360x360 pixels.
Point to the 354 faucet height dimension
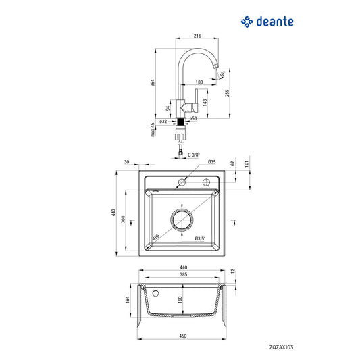(153, 82)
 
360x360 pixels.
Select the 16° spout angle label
(222, 67)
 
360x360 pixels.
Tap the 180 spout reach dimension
(199, 82)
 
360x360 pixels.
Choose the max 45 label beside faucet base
(154, 128)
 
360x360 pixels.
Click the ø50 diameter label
(192, 118)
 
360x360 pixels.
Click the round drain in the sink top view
(182, 220)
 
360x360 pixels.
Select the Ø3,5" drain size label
(201, 238)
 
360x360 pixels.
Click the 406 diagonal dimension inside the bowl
(156, 236)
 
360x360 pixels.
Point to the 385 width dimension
(182, 276)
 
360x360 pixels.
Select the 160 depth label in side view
(179, 299)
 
